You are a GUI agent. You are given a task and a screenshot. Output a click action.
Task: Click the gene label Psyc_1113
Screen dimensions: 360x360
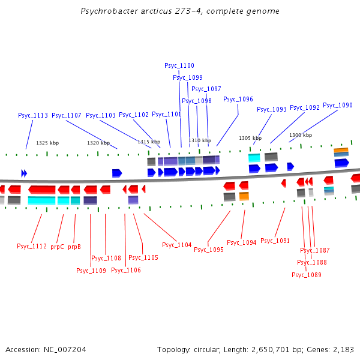tap(33, 115)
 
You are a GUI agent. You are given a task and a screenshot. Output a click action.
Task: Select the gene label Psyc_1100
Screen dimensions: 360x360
tap(179, 65)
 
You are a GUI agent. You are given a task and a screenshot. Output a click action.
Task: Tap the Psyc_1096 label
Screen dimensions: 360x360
tap(238, 99)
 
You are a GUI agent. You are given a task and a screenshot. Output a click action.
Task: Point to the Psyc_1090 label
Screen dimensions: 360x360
tap(338, 105)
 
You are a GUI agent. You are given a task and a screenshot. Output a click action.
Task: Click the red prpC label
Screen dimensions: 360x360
tap(57, 247)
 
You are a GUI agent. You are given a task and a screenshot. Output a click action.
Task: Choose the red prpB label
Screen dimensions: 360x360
tap(74, 247)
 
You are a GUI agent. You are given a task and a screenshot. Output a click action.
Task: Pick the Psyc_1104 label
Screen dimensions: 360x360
tap(177, 245)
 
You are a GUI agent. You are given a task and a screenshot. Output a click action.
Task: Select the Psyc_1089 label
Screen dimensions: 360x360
tap(307, 275)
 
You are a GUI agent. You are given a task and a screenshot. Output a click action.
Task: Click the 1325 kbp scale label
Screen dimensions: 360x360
tap(47, 143)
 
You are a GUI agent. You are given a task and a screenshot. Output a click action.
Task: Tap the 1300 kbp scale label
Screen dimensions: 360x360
tap(301, 135)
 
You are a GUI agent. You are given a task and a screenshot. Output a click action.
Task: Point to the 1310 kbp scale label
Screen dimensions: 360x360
tap(200, 140)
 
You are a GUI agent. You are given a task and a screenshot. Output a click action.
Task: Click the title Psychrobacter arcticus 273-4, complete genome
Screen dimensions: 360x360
tap(180, 11)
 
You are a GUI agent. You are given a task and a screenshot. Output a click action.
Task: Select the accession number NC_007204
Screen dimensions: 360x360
tap(65, 350)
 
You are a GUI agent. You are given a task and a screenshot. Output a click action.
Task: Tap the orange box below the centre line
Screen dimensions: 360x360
tap(244, 196)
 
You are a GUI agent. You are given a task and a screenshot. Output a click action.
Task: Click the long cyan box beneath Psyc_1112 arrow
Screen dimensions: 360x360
tap(41, 200)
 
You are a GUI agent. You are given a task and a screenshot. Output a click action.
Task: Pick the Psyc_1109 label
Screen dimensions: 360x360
tap(91, 271)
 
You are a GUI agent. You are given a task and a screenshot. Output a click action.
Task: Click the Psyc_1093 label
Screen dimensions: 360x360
tap(272, 109)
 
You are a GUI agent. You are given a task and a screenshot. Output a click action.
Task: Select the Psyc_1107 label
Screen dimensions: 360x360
tap(67, 115)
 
